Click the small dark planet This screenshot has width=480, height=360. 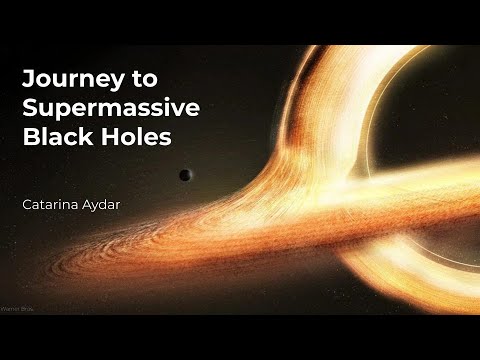tap(185, 175)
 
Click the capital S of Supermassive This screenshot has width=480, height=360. tap(28, 106)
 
